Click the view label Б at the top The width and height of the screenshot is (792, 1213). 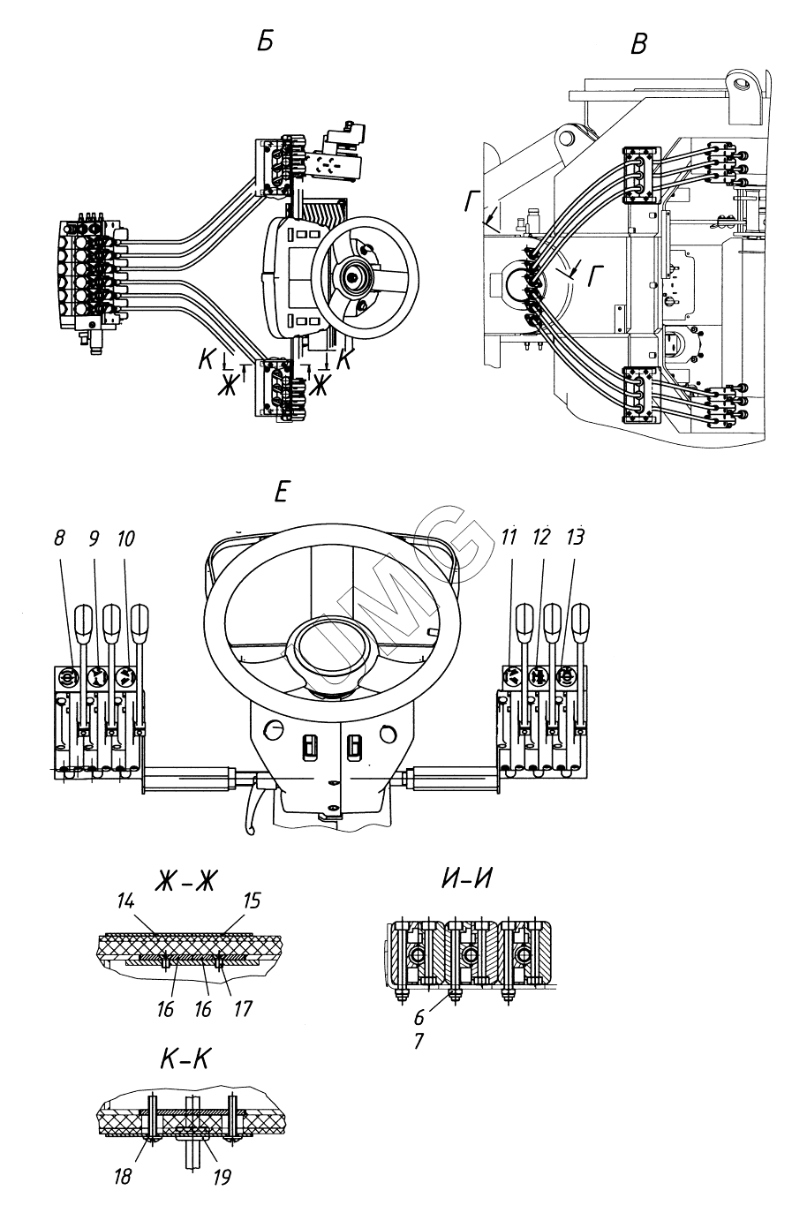click(x=265, y=41)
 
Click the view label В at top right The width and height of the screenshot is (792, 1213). click(x=639, y=43)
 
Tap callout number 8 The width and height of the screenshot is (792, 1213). click(x=59, y=539)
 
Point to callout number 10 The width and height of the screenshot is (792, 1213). click(x=125, y=539)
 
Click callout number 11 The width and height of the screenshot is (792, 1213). click(x=509, y=537)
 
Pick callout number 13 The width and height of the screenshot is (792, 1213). click(x=576, y=537)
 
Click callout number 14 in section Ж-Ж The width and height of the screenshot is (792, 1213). click(x=125, y=900)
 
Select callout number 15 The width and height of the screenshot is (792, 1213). click(x=252, y=900)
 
